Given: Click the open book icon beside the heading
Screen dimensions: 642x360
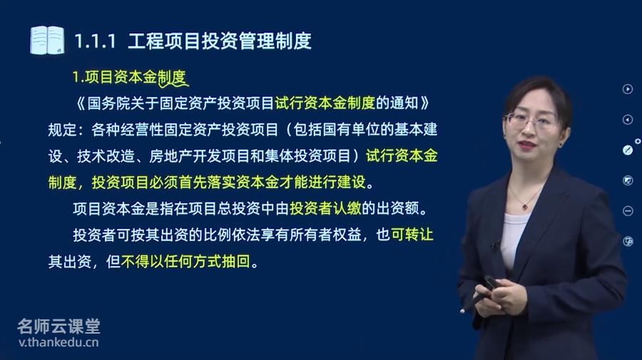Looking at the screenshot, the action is [x=48, y=40].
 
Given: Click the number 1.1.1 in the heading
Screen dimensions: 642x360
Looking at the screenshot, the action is [x=95, y=41].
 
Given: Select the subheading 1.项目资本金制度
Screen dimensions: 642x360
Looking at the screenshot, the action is [x=129, y=77].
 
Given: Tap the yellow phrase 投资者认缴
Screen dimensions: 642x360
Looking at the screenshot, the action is [x=325, y=208].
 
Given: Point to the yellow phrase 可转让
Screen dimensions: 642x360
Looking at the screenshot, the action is [x=412, y=235].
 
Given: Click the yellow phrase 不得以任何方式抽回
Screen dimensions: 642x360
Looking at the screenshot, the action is [x=185, y=261].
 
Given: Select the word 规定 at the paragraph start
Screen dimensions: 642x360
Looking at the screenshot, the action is [x=62, y=130].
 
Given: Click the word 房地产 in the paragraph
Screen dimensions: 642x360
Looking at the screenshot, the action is [x=170, y=156].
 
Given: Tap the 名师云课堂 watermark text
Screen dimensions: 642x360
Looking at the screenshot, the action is [x=58, y=326].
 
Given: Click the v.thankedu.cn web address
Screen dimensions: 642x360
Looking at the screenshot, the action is [x=58, y=342].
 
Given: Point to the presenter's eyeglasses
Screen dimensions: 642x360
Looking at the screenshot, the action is [x=531, y=120].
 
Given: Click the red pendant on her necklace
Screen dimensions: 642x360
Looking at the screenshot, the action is [x=525, y=207].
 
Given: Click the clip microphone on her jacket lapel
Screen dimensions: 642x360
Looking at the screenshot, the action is [x=496, y=245].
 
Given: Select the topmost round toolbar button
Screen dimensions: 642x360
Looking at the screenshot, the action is [x=628, y=89].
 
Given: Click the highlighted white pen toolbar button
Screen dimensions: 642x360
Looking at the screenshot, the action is [x=628, y=150].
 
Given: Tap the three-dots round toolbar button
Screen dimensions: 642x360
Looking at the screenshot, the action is [x=628, y=211].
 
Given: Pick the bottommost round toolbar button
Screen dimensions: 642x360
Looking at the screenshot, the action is [x=628, y=242].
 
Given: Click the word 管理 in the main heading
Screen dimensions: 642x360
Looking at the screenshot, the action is [x=257, y=41].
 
